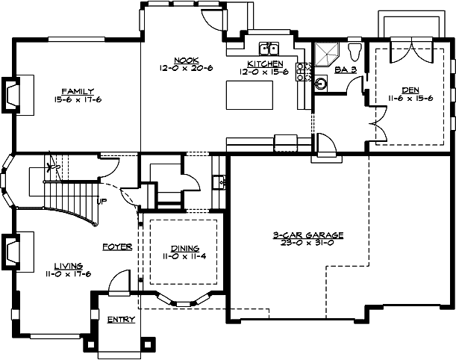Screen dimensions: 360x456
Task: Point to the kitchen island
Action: point(250,95)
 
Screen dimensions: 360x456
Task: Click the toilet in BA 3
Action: point(355,51)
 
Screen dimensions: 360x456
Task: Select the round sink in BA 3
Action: point(322,83)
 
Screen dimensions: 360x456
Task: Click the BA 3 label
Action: point(345,69)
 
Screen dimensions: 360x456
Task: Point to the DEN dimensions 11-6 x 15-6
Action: point(410,98)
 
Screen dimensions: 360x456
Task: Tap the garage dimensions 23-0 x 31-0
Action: point(307,243)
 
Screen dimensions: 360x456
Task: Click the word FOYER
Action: point(118,246)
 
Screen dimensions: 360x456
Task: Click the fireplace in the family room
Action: point(15,95)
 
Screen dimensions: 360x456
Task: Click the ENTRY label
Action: point(120,320)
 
